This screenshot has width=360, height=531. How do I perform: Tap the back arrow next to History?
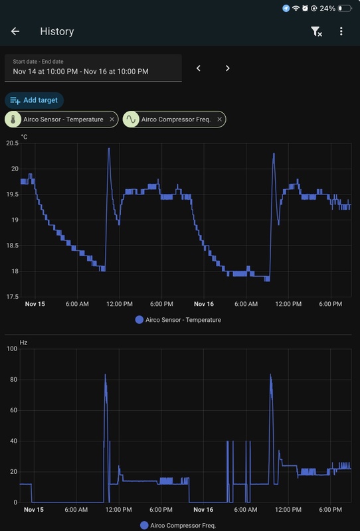point(15,31)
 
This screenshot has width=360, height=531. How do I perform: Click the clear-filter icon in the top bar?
point(316,31)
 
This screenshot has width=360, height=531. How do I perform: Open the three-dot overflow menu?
point(341,31)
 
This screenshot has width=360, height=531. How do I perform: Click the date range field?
point(93,68)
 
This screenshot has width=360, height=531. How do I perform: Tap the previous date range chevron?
point(198,68)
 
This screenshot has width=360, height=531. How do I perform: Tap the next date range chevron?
point(227,68)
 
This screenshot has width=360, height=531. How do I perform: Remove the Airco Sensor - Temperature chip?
point(112,119)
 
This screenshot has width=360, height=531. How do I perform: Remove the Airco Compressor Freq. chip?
point(220,119)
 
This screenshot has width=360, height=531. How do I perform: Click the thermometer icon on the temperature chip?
point(13,119)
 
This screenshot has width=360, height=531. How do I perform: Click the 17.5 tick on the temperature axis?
point(13,297)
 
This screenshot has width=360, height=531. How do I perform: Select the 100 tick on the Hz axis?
point(11,349)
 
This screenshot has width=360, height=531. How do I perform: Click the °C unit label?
point(25,137)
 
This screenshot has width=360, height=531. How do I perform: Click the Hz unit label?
point(24,342)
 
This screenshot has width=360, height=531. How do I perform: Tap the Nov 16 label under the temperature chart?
point(204,304)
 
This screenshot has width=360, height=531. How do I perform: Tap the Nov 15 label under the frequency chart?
point(34,510)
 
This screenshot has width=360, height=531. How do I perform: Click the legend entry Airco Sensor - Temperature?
point(178,320)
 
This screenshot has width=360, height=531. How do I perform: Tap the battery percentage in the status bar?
point(327,9)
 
